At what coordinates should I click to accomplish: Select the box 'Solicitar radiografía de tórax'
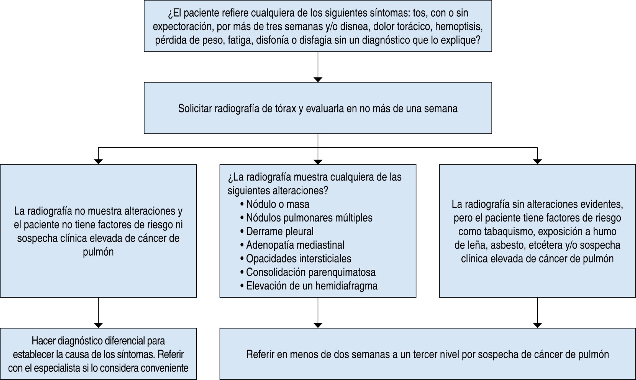[318, 108]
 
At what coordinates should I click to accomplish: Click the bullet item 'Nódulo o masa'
[278, 204]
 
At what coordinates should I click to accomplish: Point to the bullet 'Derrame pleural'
[280, 231]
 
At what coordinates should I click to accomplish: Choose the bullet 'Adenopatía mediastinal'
[295, 245]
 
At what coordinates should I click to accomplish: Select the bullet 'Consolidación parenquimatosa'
[311, 272]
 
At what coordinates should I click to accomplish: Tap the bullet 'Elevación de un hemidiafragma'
[312, 286]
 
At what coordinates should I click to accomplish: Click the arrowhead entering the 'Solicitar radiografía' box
[318, 79]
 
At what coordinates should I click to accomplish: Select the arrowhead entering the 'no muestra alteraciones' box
[98, 161]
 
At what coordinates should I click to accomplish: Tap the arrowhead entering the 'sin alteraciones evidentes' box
[537, 161]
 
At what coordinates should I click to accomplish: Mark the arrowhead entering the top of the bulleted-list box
[318, 161]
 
